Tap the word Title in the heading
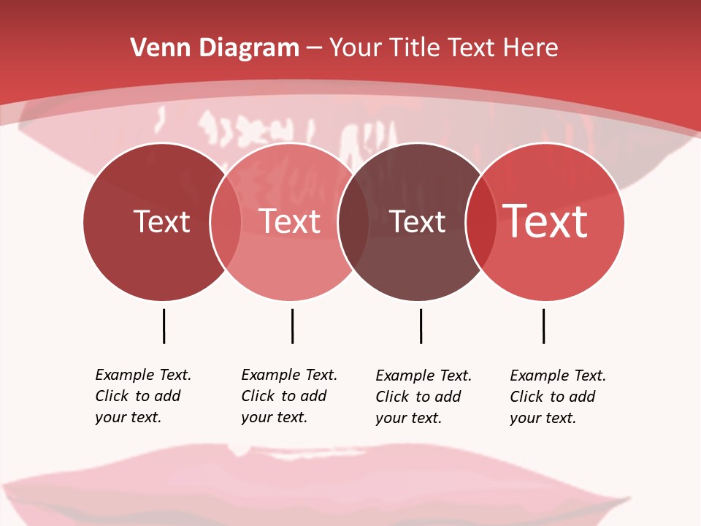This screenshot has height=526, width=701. point(417,48)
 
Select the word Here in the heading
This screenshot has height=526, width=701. point(530,48)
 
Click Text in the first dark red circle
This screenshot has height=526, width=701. point(161,221)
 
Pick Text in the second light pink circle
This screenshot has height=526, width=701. point(290,221)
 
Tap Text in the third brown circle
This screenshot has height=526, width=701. point(418,221)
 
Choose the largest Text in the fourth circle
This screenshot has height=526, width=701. point(545,221)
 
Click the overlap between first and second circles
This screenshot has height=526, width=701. point(226,221)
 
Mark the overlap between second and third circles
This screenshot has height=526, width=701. point(353,221)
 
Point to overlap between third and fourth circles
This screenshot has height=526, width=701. point(480,221)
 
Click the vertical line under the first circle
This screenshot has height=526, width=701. point(164,326)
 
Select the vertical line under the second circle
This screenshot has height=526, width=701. point(292,326)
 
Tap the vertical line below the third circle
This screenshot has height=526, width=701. point(421,326)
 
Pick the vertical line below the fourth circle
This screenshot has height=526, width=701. point(543,326)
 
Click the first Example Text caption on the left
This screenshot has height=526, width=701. point(142,396)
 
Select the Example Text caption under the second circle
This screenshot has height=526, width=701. point(288,396)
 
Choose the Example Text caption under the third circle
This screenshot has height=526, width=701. point(423,397)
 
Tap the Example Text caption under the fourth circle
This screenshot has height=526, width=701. point(557,397)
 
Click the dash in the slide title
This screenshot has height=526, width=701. point(314,48)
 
